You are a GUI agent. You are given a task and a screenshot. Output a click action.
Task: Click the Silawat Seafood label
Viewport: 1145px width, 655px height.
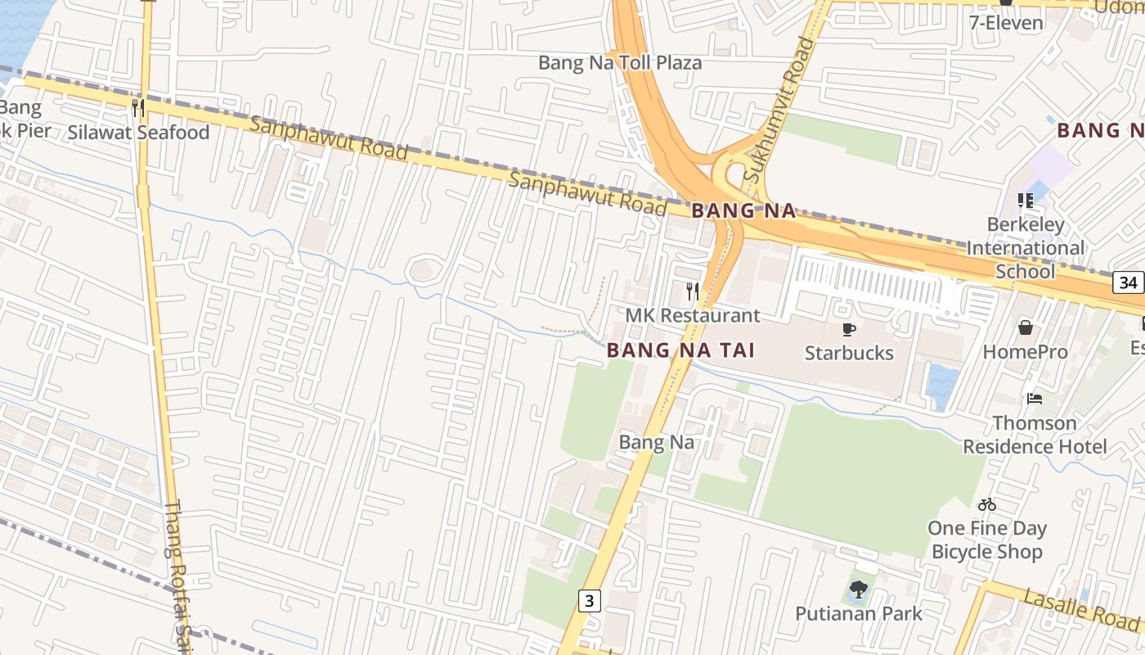click(138, 133)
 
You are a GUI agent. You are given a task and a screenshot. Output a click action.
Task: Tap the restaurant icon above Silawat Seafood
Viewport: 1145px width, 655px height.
click(138, 107)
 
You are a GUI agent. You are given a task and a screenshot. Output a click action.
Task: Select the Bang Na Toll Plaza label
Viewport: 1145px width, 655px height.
click(619, 63)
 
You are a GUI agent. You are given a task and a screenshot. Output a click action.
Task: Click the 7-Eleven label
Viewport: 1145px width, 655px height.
click(1006, 22)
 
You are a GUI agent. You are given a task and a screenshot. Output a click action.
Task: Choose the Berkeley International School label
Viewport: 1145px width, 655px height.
click(1026, 248)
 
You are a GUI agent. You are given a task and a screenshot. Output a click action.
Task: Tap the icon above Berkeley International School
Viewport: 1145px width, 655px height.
click(1026, 200)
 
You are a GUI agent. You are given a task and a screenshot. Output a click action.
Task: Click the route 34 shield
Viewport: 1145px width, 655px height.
click(1129, 283)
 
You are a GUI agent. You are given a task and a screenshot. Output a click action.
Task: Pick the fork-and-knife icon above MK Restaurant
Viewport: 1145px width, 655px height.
click(693, 291)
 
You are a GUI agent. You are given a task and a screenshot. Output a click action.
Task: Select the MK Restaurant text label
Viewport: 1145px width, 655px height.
click(693, 315)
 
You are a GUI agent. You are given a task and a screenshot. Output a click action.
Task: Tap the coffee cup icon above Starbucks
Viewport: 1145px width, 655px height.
click(849, 329)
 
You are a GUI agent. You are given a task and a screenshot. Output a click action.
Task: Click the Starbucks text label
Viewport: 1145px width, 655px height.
click(849, 353)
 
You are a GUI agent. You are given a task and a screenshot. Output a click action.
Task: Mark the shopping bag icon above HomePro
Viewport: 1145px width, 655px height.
click(1025, 328)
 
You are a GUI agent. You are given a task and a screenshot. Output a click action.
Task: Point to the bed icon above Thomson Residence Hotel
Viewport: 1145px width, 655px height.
click(1035, 399)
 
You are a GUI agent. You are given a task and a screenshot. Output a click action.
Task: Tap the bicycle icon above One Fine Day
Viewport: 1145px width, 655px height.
click(987, 504)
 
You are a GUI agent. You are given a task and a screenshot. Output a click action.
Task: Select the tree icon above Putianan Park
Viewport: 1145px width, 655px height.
click(858, 589)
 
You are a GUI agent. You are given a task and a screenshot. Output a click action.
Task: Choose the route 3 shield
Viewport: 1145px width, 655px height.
click(589, 601)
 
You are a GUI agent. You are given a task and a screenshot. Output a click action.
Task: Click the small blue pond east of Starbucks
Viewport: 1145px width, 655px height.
click(943, 385)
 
